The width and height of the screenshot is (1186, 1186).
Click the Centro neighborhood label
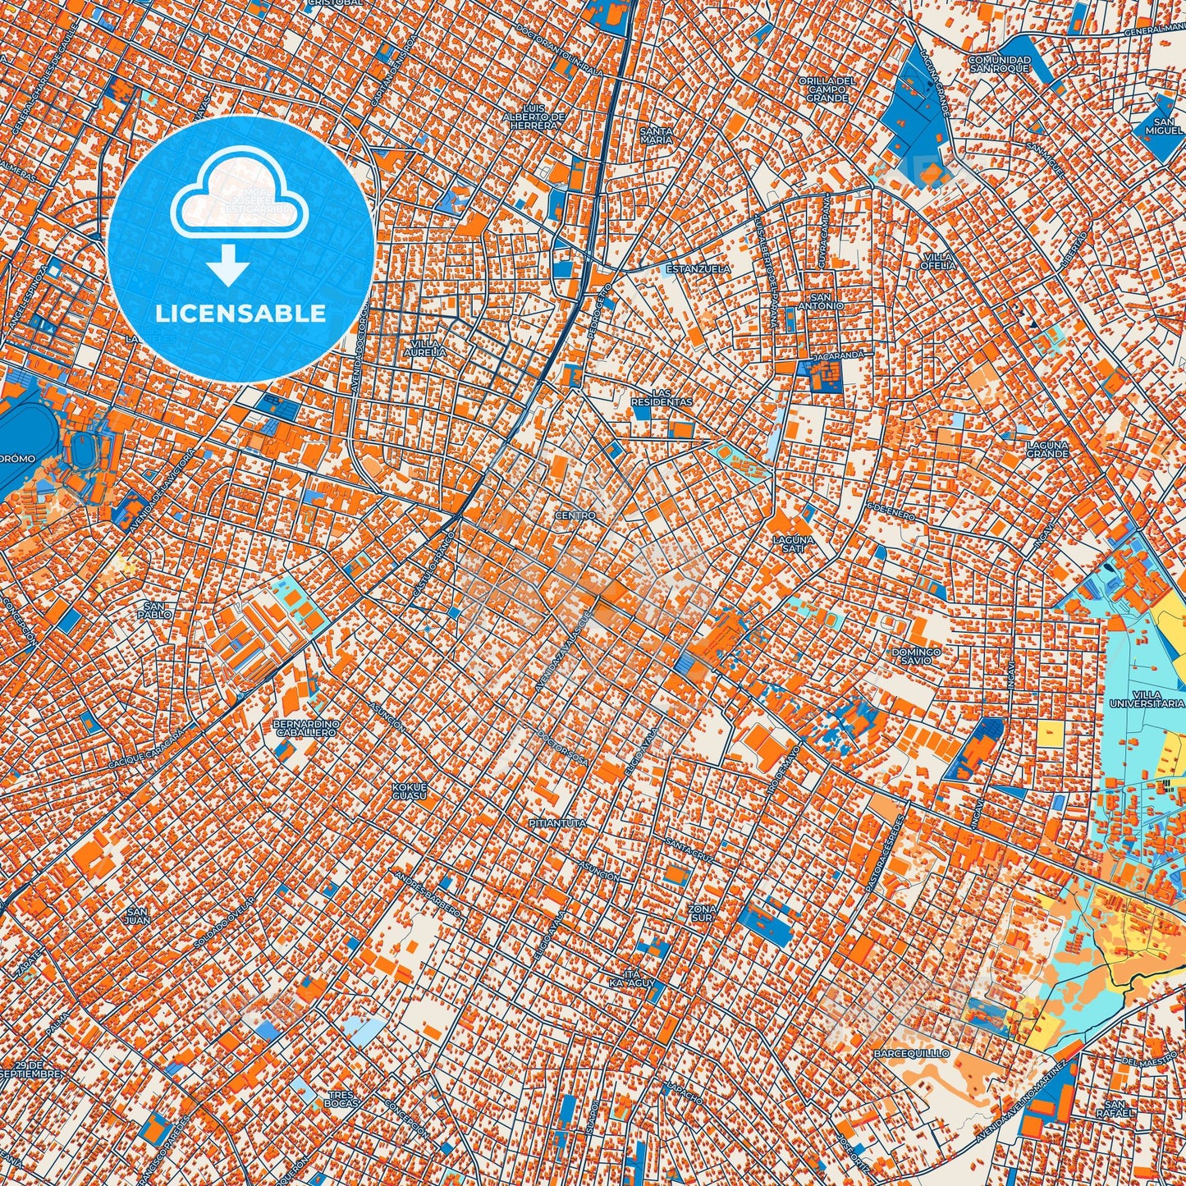pyautogui.click(x=575, y=515)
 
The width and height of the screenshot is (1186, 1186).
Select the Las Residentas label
pyautogui.click(x=662, y=397)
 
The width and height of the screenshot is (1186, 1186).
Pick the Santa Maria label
pyautogui.click(x=656, y=135)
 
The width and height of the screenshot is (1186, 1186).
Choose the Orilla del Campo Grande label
pyautogui.click(x=827, y=89)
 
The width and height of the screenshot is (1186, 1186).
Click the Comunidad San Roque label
pyautogui.click(x=998, y=64)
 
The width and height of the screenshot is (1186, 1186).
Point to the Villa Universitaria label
pyautogui.click(x=1147, y=698)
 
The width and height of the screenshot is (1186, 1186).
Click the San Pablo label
pyautogui.click(x=154, y=610)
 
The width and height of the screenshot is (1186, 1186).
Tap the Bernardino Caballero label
pyautogui.click(x=306, y=728)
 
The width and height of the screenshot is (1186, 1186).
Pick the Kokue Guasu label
pyautogui.click(x=408, y=791)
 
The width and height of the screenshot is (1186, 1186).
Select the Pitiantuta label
pyautogui.click(x=558, y=822)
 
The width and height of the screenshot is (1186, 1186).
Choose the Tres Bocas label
pyautogui.click(x=341, y=1098)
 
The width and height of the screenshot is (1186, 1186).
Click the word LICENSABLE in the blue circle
pyautogui.click(x=240, y=314)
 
